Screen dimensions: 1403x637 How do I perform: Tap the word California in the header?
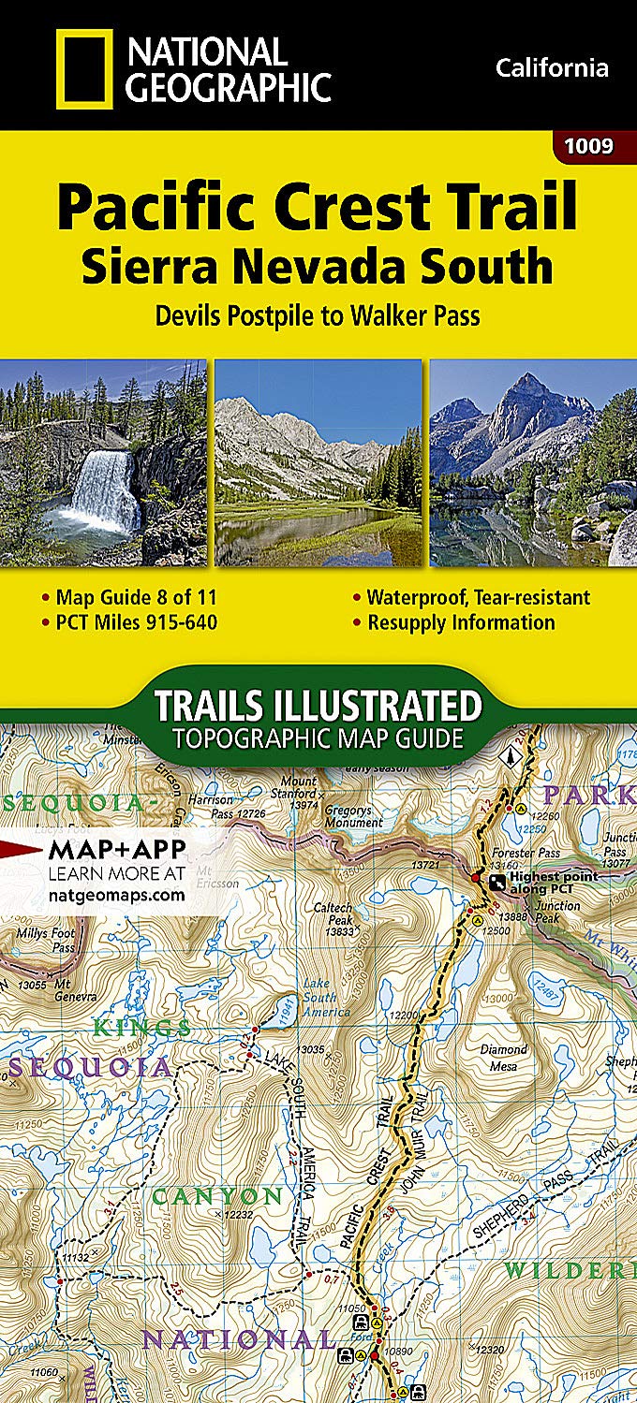click(552, 67)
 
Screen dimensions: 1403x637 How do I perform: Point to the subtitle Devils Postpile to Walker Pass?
click(318, 314)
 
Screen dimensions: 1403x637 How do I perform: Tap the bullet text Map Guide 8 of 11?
click(136, 597)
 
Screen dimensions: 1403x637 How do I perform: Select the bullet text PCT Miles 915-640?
click(136, 622)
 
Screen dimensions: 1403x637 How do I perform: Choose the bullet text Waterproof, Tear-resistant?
click(478, 597)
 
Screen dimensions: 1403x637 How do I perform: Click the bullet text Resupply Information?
click(461, 622)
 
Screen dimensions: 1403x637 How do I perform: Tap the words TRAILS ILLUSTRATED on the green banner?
click(318, 705)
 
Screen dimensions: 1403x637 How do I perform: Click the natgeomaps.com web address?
click(115, 895)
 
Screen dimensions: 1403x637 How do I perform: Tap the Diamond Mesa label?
click(504, 1057)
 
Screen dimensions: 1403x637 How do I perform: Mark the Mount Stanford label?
click(299, 787)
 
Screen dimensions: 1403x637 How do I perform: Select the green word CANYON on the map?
click(217, 1197)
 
